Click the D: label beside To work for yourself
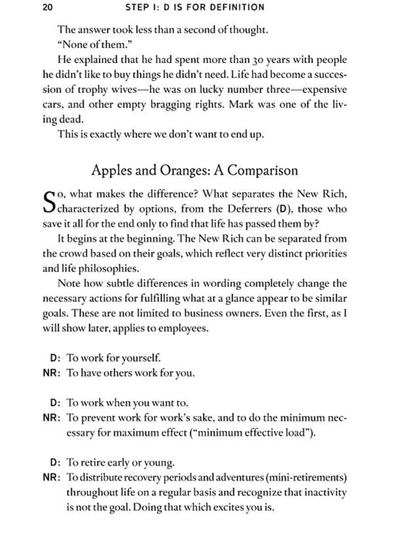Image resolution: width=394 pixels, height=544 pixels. (x=55, y=358)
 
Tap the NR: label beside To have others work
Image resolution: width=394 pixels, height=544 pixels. (x=52, y=373)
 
